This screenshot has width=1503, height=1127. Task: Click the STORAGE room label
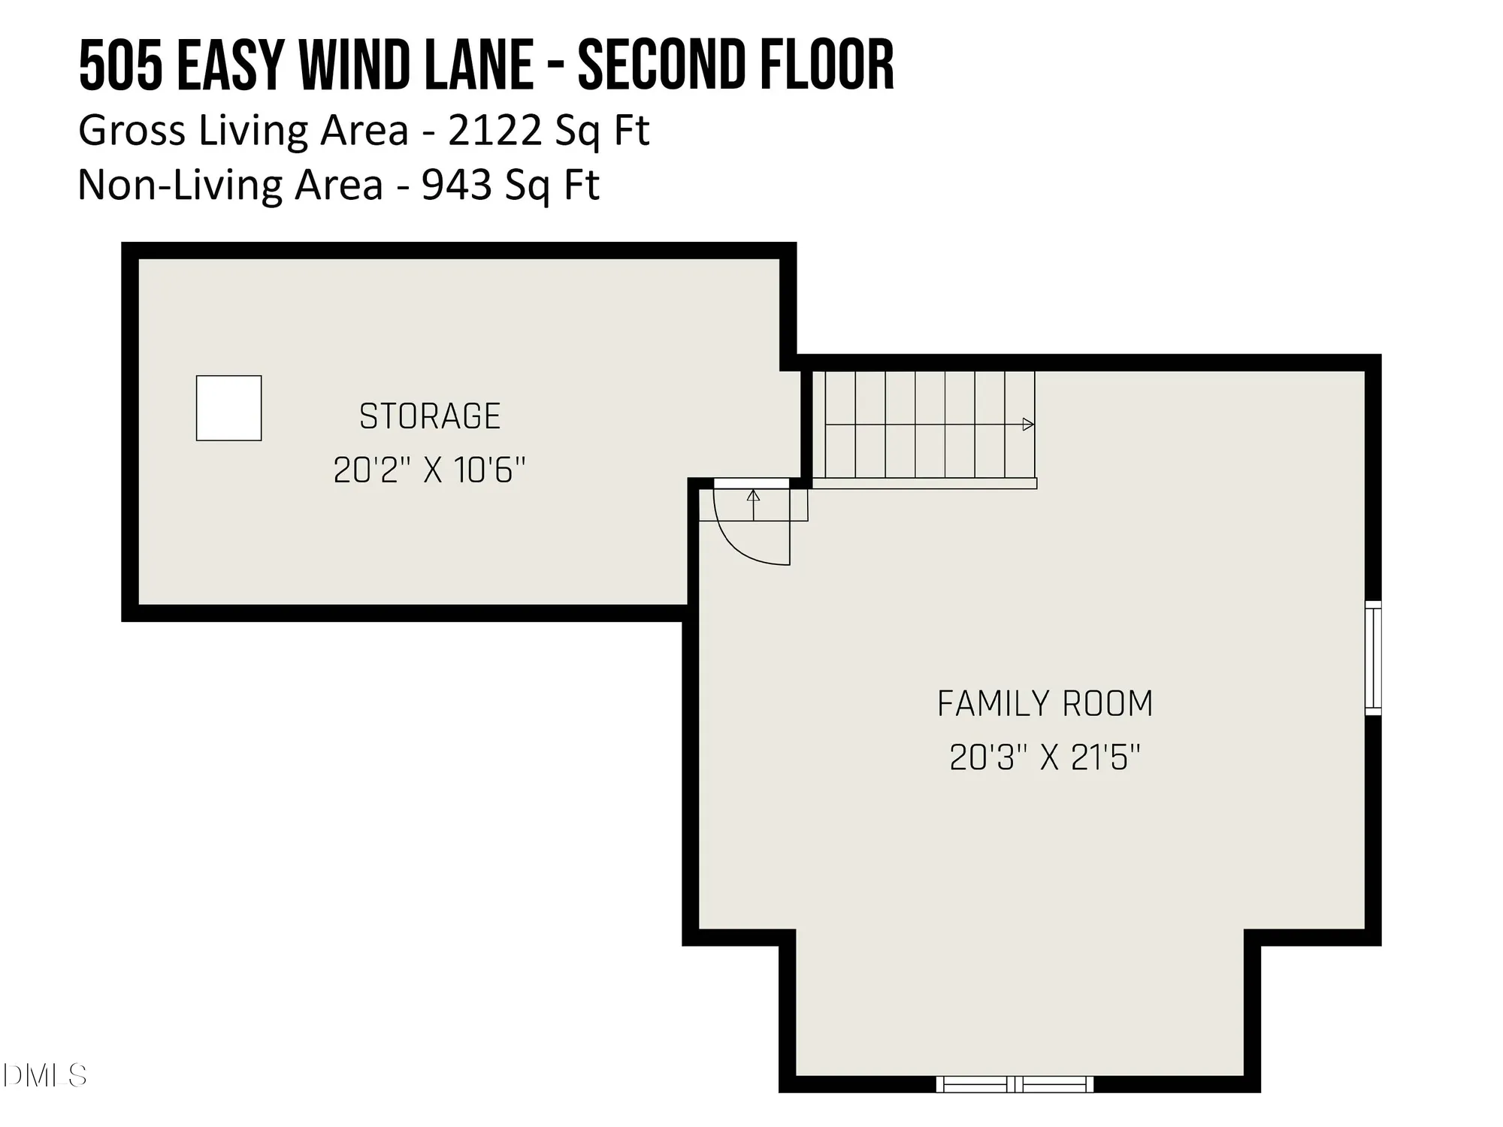tap(429, 417)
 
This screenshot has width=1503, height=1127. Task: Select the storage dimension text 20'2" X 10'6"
tap(429, 471)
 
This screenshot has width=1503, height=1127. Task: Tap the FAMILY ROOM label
tap(1045, 704)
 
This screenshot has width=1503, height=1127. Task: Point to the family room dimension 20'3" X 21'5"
tap(1045, 758)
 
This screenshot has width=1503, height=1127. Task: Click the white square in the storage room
tap(228, 408)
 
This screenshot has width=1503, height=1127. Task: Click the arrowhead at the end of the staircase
tap(1028, 425)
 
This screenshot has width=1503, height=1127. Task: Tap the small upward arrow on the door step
tap(753, 497)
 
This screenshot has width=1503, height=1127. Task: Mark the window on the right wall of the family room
tap(1372, 657)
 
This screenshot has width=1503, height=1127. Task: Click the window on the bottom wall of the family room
tap(1015, 1084)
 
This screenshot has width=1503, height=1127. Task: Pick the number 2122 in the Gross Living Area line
tap(494, 131)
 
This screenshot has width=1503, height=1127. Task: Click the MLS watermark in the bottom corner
tap(45, 1076)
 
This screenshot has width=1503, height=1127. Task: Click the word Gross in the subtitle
tap(132, 131)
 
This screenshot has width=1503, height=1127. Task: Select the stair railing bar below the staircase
tap(924, 484)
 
